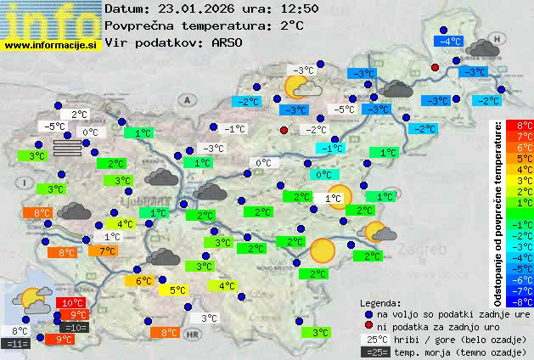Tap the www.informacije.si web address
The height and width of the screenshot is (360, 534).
51,45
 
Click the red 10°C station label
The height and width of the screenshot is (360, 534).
72,303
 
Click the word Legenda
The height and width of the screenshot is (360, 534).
380,302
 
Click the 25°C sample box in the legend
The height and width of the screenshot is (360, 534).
374,339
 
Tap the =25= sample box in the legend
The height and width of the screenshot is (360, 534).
374,352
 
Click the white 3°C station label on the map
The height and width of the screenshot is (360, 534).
208,318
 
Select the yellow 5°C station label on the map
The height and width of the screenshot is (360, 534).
177,290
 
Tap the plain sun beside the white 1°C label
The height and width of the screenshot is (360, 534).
340,195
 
